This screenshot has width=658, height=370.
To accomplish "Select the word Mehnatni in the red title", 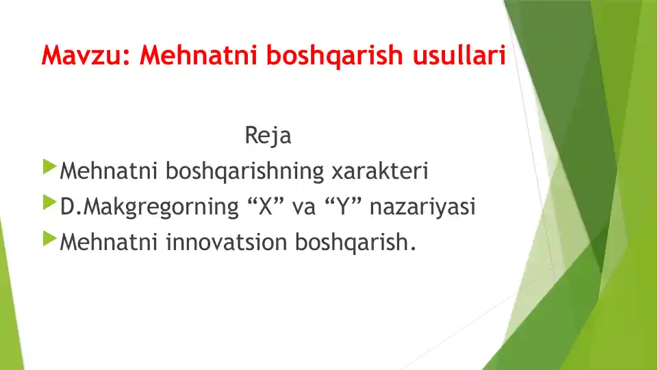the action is [198, 56].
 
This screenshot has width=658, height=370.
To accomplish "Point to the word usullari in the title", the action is [459, 55].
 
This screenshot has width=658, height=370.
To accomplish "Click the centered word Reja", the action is [268, 135].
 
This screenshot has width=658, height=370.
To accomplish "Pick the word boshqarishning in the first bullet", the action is [244, 171].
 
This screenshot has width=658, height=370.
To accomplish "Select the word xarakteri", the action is [380, 171].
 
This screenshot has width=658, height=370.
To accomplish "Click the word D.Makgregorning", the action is [149, 207].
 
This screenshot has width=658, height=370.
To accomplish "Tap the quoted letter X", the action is [266, 207].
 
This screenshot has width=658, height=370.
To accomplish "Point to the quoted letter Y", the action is [343, 207].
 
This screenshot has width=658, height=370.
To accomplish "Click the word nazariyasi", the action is [422, 207].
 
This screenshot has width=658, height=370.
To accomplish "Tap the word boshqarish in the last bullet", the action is [352, 243].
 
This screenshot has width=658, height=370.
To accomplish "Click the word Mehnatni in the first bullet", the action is [109, 171].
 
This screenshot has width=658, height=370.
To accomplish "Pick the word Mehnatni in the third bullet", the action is [109, 243].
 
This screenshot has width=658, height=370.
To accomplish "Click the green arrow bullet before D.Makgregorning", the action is [50, 203].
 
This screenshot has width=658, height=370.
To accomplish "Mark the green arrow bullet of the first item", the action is [50, 166].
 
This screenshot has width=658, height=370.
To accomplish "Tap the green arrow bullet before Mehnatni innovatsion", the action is [50, 238].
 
